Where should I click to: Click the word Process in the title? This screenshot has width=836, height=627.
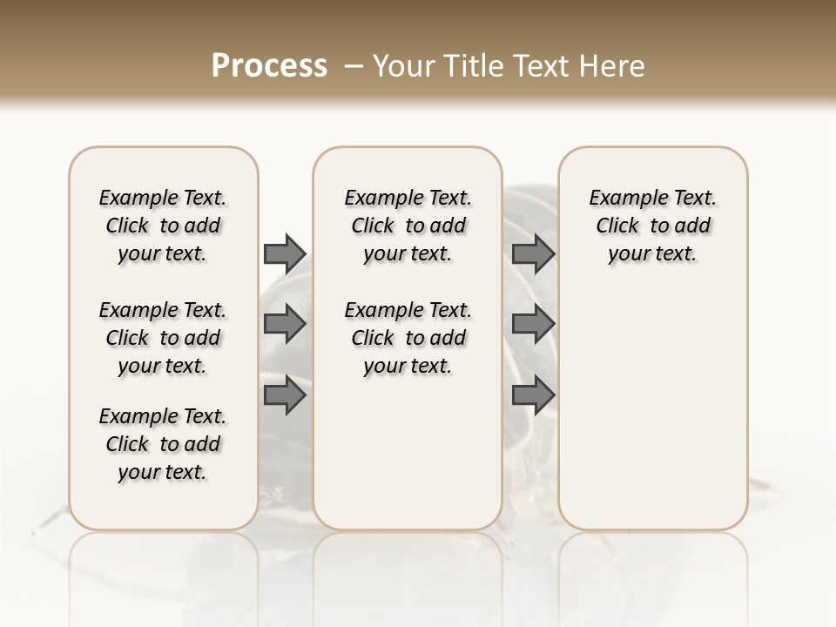(x=269, y=66)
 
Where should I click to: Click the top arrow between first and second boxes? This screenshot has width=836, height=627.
(x=284, y=253)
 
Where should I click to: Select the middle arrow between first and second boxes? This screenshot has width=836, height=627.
(x=284, y=324)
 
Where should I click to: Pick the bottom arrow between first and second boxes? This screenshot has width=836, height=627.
(x=284, y=396)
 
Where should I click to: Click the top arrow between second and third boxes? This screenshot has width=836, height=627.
(x=533, y=253)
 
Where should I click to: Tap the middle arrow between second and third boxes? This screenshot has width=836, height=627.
(x=533, y=324)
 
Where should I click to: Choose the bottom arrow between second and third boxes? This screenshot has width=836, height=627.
(x=533, y=396)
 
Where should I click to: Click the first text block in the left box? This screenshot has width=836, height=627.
(x=163, y=226)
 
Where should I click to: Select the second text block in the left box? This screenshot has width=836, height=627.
(x=163, y=338)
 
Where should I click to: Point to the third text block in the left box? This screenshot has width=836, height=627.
(x=163, y=444)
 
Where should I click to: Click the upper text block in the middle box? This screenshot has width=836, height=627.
(x=408, y=226)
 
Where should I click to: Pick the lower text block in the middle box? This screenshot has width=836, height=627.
(x=408, y=338)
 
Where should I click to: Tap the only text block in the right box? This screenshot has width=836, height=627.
(x=652, y=226)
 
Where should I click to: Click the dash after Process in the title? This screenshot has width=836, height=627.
(x=354, y=66)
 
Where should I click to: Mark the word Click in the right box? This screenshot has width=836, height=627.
(x=617, y=226)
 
